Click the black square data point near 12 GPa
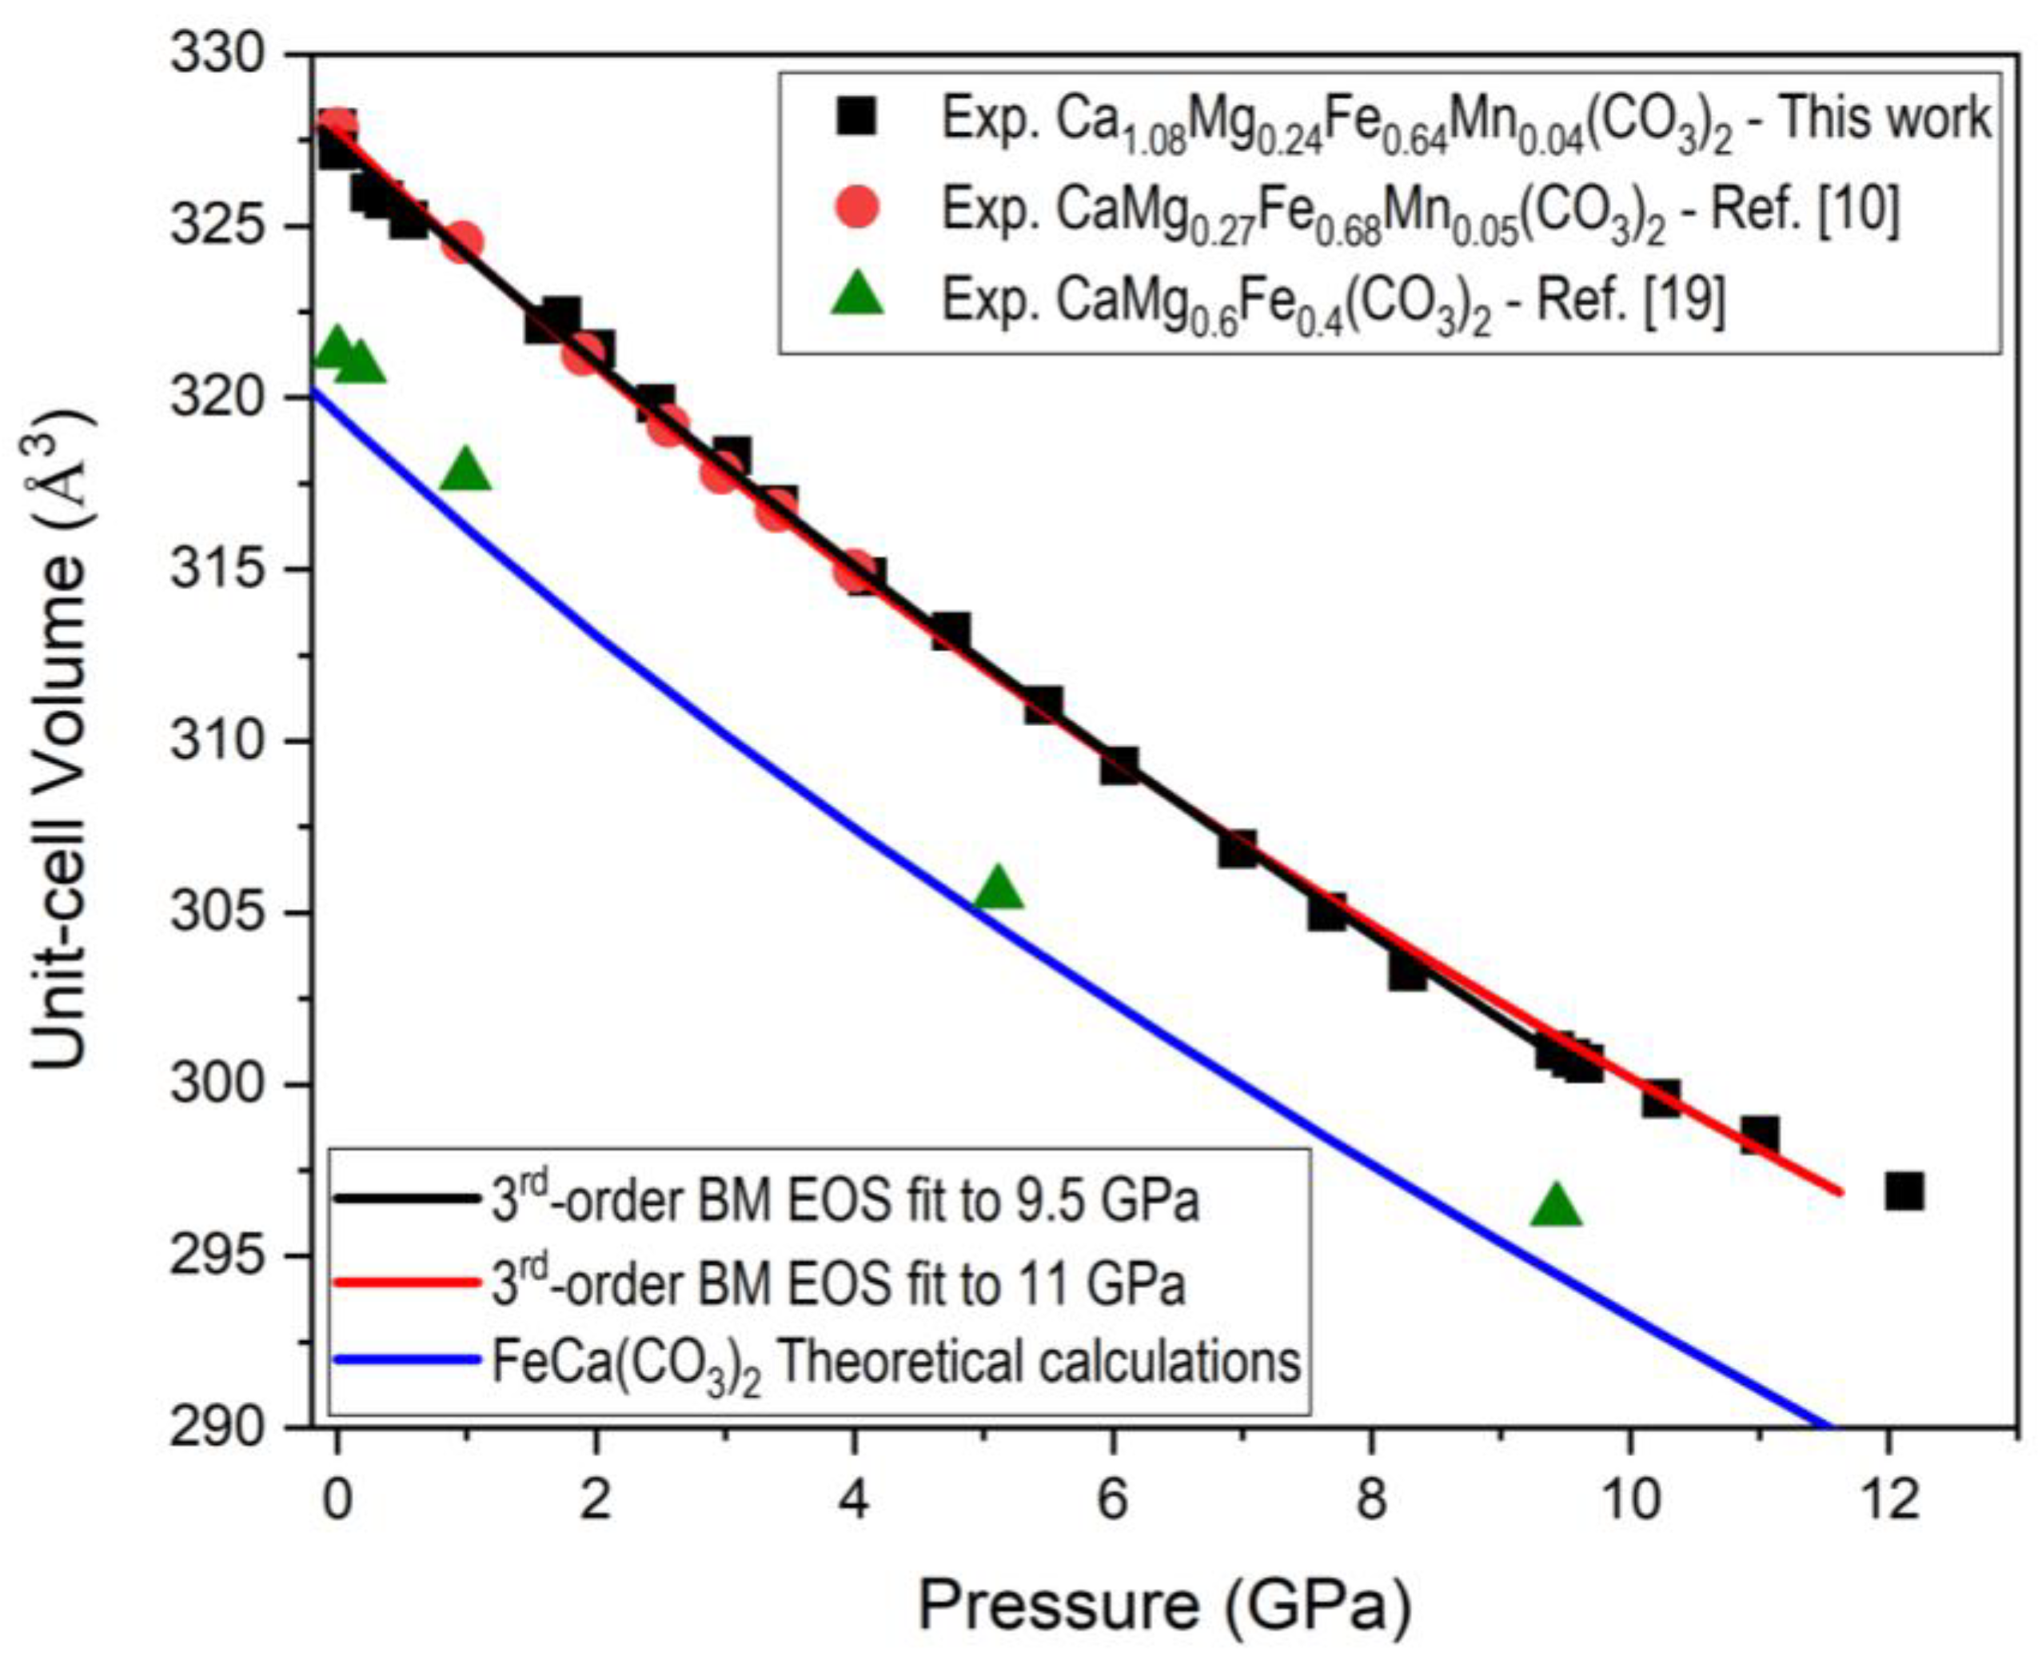pos(1904,1192)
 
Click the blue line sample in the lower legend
pos(406,1360)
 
